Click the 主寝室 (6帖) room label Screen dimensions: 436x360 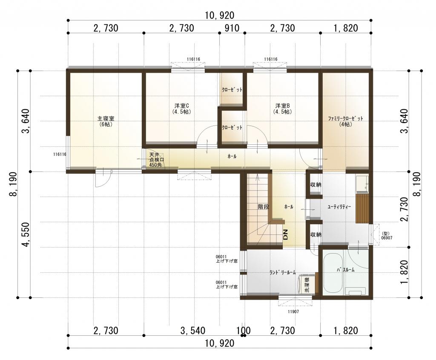point(106,121)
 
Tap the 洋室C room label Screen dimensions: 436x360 point(182,109)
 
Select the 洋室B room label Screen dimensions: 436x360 point(283,109)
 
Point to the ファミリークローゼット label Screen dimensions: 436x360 point(346,121)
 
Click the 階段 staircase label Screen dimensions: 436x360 point(263,206)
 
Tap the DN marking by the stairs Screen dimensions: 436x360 point(286,234)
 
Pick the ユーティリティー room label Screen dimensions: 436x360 point(339,207)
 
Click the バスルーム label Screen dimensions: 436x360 point(346,270)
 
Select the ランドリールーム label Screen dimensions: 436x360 point(283,272)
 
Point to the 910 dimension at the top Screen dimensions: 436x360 point(232,28)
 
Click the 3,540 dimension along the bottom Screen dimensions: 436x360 point(193,331)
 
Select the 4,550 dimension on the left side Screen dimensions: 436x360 point(26,234)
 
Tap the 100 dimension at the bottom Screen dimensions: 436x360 point(244,331)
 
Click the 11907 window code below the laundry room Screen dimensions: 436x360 point(293,311)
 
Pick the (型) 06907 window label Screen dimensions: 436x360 point(387,236)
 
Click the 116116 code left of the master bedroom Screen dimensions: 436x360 point(60,154)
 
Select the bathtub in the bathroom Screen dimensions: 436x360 point(333,272)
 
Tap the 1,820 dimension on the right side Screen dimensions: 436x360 point(404,272)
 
